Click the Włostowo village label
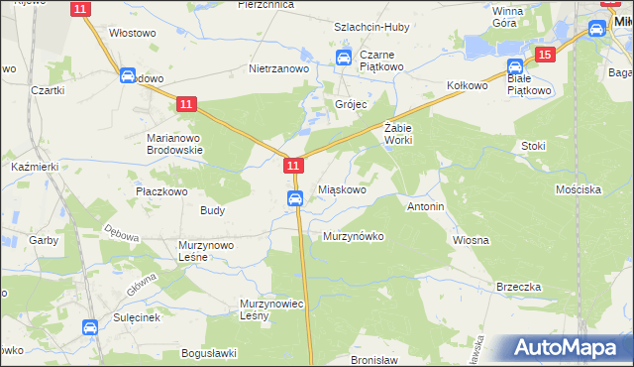[x=133, y=33]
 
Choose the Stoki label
[x=533, y=146]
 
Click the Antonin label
[x=425, y=207]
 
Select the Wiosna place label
[x=472, y=241]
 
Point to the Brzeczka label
[x=519, y=287]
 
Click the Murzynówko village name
[x=353, y=237]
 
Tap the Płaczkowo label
[x=161, y=190]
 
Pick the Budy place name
[x=212, y=210]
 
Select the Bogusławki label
[x=208, y=353]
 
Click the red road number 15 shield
[x=544, y=55]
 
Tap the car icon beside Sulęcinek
[x=89, y=326]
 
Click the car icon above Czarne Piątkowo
[x=344, y=58]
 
